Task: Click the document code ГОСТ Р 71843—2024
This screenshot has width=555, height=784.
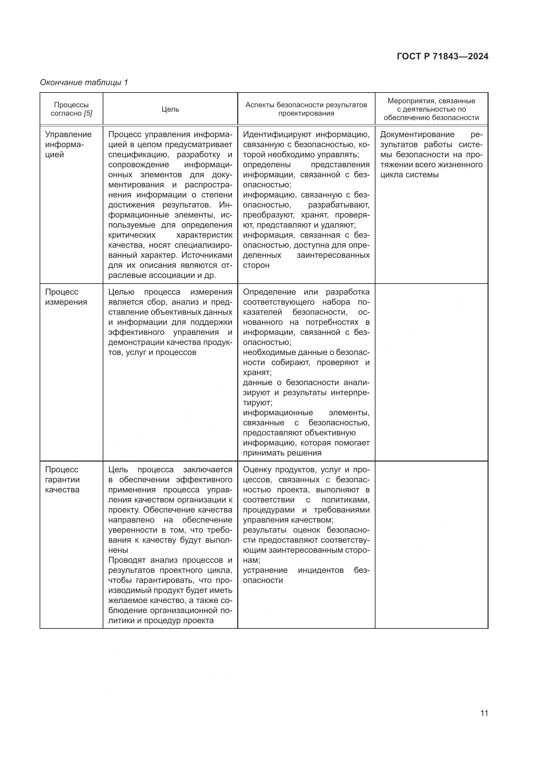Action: [443, 57]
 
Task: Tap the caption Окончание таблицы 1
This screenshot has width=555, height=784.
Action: [84, 82]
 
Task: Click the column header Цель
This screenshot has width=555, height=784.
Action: [170, 109]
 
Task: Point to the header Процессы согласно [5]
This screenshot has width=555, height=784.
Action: [71, 109]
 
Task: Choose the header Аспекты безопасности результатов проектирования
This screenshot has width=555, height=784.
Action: [306, 109]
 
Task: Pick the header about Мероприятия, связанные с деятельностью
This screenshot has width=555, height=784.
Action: [431, 109]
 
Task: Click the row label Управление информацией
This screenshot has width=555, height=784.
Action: [68, 144]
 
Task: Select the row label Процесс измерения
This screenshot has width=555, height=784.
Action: [66, 297]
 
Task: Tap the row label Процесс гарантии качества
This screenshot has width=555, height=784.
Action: [62, 479]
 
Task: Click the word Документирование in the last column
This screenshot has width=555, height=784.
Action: [417, 134]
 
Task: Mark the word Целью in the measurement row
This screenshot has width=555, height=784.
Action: [121, 292]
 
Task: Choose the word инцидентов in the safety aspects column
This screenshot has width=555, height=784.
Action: [320, 570]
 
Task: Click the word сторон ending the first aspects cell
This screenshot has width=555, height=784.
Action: [256, 265]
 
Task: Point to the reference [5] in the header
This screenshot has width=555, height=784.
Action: [88, 113]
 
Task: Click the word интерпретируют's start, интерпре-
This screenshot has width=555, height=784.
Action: [350, 393]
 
